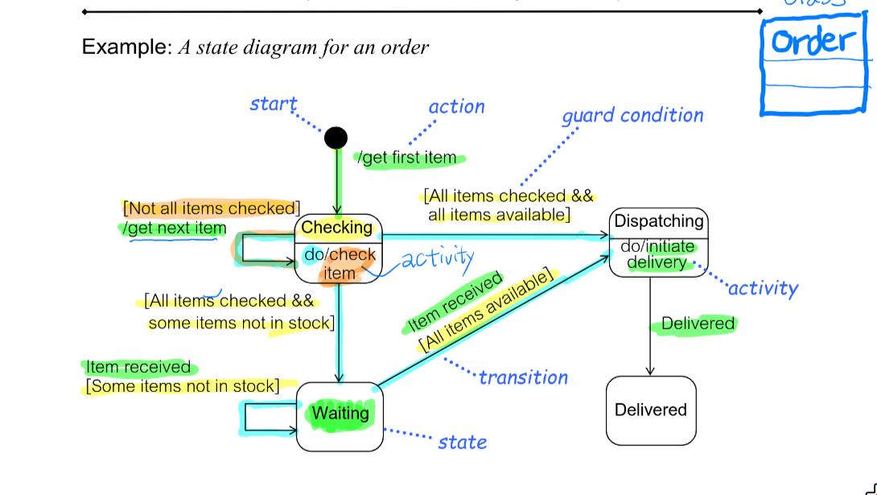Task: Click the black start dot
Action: coord(336,138)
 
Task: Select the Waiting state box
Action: coord(340,415)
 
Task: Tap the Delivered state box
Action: coord(650,410)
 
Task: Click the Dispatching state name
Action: coord(658,221)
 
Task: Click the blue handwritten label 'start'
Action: coord(273,105)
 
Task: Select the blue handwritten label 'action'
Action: coord(456,107)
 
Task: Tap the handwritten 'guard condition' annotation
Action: coord(632,116)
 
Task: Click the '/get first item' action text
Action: coord(407,158)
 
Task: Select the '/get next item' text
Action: coord(175,229)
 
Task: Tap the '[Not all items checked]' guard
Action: coord(212,208)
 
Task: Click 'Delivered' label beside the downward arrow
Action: coord(698,324)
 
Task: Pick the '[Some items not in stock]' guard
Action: coord(183,386)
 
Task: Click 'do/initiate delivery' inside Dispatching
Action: coord(657,255)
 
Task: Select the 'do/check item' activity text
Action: coord(340,264)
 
